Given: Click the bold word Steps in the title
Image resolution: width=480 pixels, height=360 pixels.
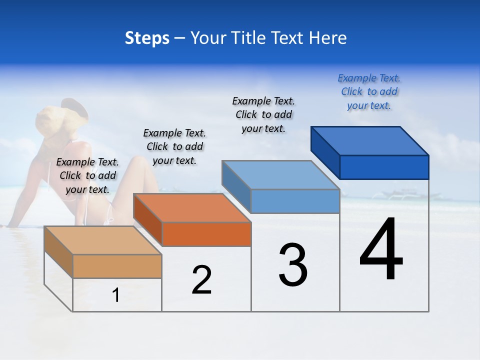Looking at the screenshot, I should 147,38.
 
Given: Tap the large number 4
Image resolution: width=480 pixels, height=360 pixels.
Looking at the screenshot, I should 381,250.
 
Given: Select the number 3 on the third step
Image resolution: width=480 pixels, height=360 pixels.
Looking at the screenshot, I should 293,265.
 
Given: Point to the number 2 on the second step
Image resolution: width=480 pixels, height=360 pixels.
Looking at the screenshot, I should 201,280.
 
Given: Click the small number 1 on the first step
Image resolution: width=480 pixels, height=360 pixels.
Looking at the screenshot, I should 116,295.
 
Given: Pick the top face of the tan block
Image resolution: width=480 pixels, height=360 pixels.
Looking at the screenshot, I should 103,240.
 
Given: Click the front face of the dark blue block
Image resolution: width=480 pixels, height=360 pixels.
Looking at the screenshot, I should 384,167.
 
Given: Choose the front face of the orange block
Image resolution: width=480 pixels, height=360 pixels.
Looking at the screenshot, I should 206,234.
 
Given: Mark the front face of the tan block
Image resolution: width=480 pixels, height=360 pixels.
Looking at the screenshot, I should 117,266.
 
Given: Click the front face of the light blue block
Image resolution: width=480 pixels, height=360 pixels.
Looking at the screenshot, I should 295,201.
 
